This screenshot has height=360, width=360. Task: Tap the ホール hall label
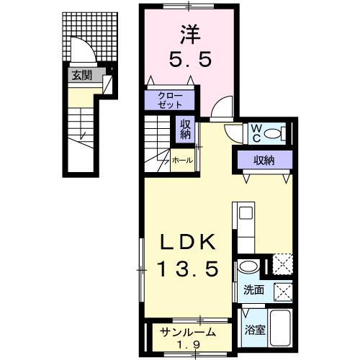(181, 161)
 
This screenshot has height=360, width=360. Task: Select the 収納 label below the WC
(261, 160)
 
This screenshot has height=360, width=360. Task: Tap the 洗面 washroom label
(253, 292)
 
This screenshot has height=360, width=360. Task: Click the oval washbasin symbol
(248, 266)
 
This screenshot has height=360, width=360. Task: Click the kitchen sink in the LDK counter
(246, 213)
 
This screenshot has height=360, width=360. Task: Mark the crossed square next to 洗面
(283, 292)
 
